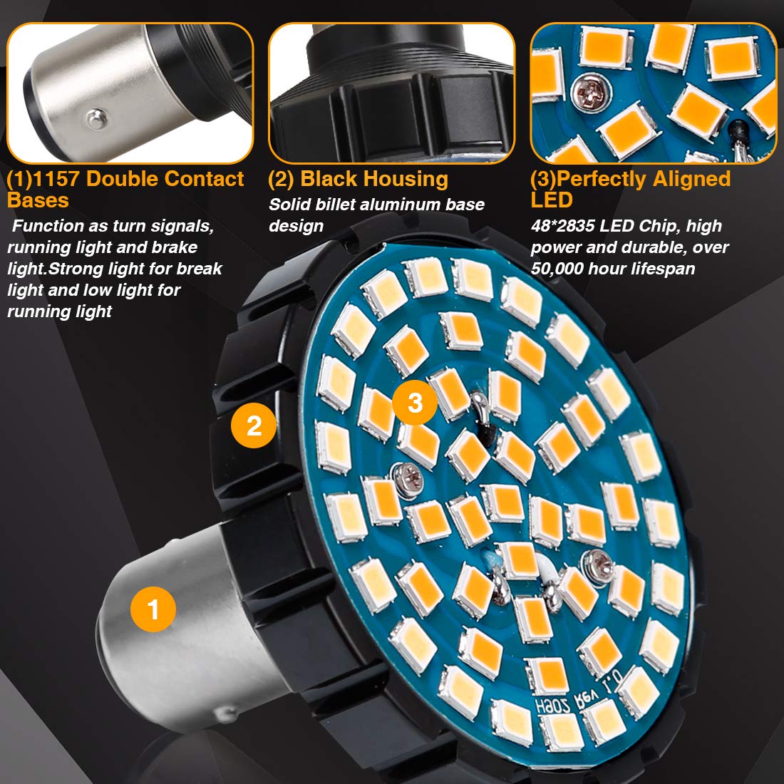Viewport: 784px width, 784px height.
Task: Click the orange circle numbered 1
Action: [153, 609]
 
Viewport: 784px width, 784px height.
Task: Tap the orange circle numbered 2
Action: [254, 425]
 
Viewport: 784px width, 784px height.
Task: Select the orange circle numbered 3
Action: [416, 403]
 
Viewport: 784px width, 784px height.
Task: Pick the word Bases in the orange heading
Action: [38, 200]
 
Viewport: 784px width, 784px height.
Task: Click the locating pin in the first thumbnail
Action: [93, 118]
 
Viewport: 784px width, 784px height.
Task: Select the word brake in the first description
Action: [175, 247]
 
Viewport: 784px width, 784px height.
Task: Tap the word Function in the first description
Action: [48, 226]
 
